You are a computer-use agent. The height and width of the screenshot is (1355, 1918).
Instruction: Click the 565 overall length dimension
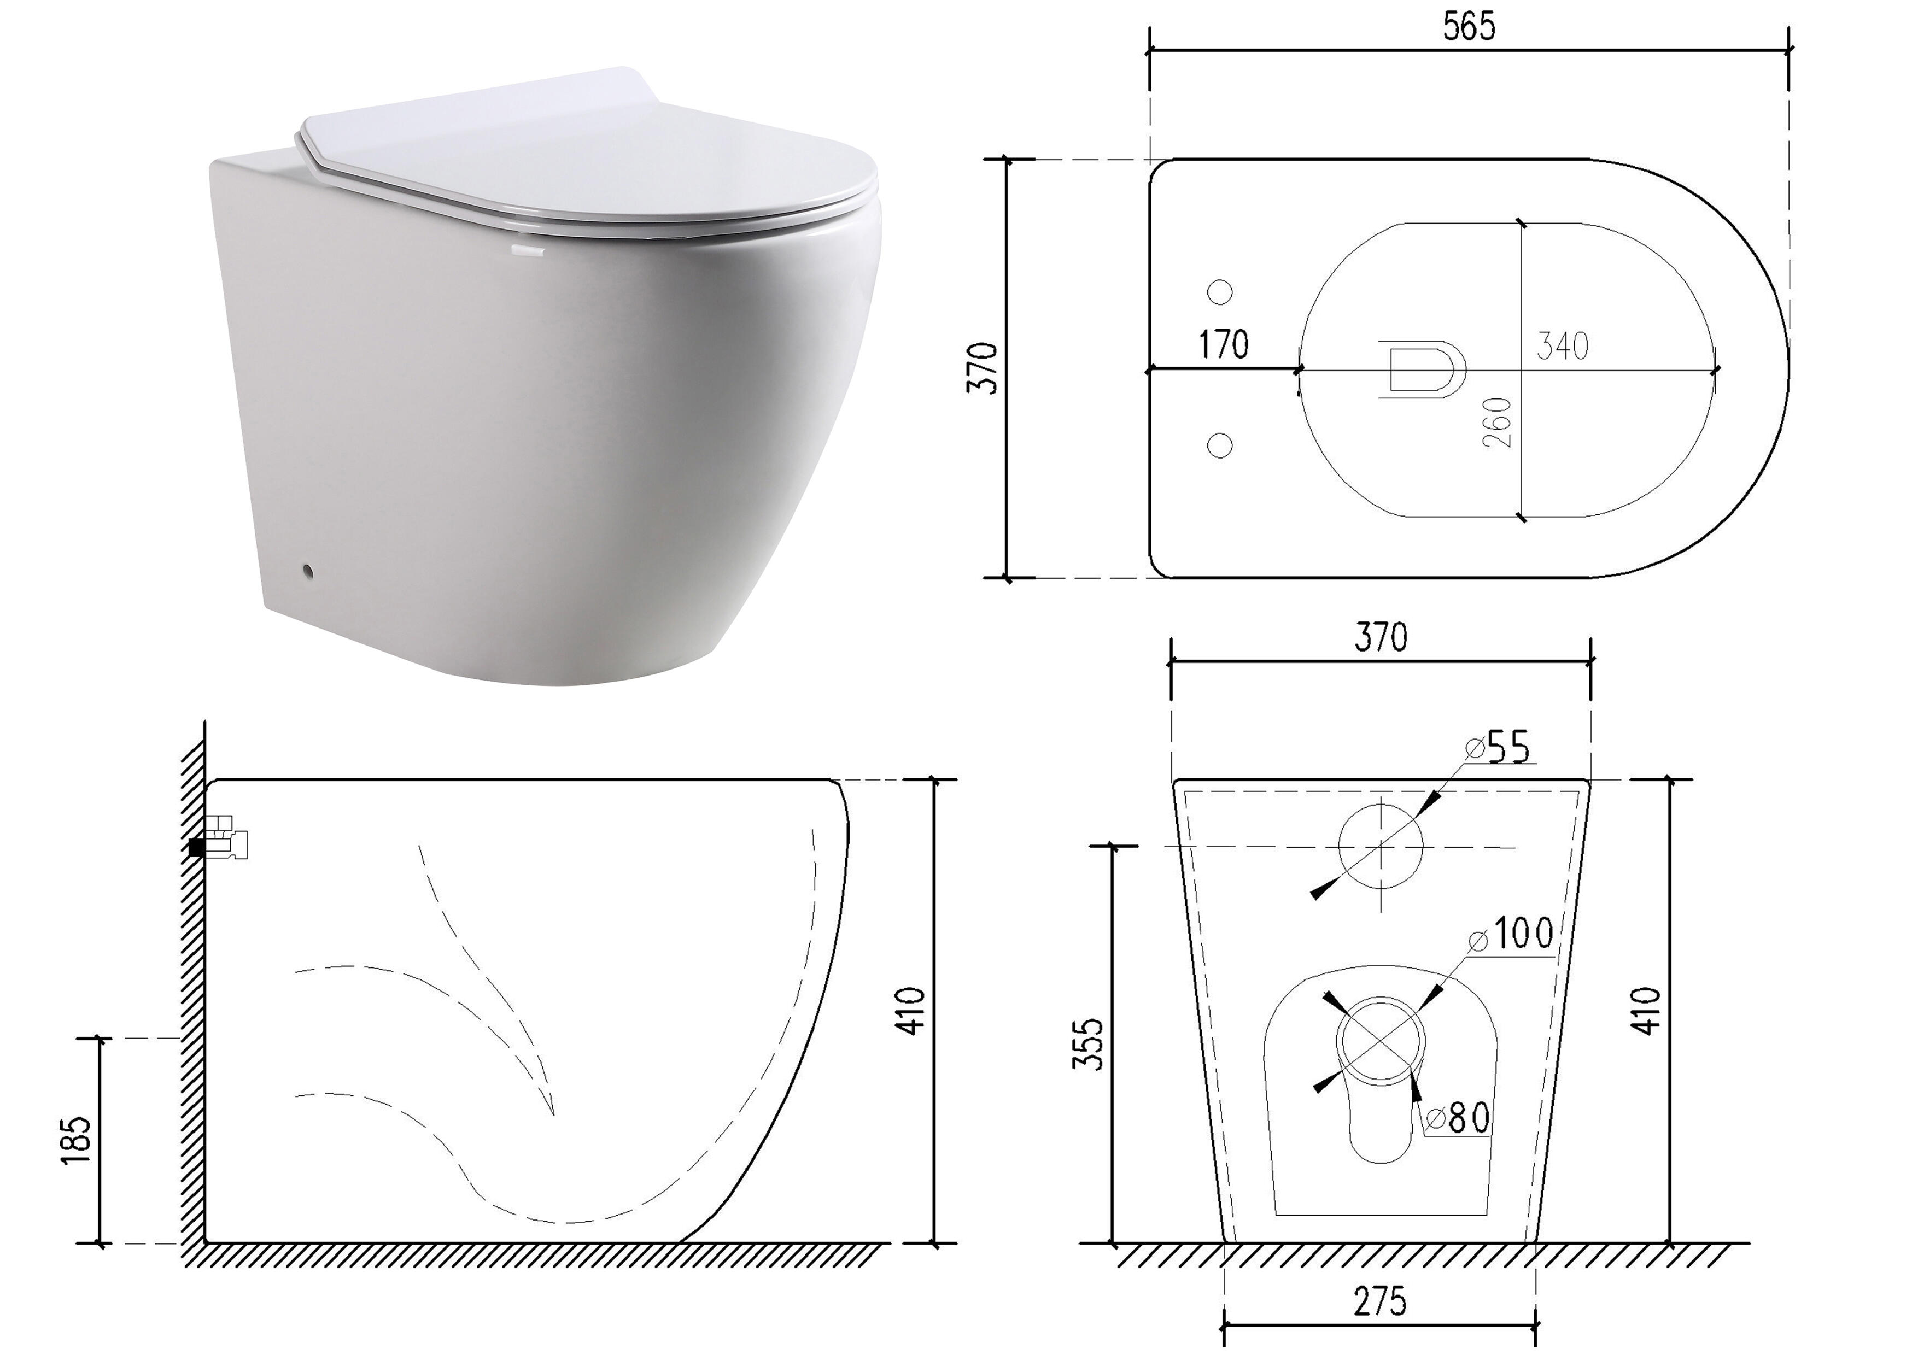coord(1470,27)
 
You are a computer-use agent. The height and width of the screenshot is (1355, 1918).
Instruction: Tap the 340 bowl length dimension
coord(1562,345)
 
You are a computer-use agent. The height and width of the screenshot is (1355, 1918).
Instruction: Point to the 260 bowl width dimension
coord(1499,423)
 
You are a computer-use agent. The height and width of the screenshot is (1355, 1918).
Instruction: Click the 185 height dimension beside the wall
coord(75,1139)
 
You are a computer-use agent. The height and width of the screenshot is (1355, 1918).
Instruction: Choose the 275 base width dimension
coord(1379,1301)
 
